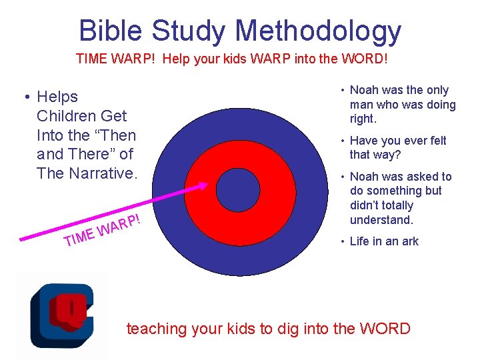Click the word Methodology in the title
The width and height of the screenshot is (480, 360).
click(318, 31)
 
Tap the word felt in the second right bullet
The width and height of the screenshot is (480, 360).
click(434, 141)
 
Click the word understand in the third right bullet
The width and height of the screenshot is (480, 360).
click(380, 220)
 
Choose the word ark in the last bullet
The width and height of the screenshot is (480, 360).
click(409, 241)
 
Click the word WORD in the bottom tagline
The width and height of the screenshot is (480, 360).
click(385, 328)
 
